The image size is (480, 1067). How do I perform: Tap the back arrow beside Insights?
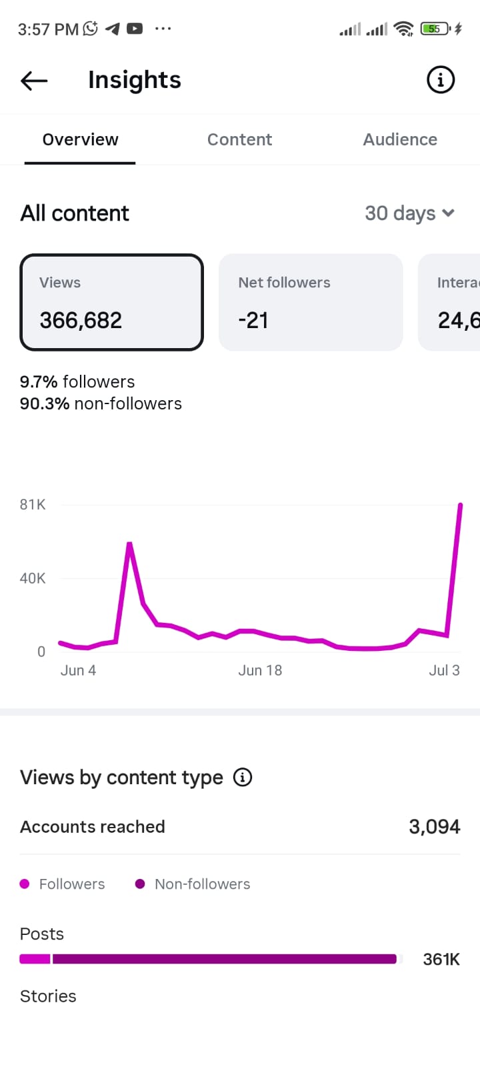coord(34,81)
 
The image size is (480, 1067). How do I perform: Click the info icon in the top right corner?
coord(440,79)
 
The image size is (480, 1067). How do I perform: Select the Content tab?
coord(239,139)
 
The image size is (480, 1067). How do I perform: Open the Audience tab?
coord(400,139)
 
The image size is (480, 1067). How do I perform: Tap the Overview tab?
coord(80,139)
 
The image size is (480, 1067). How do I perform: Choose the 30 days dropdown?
coord(409,213)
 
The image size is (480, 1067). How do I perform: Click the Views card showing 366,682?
coord(111,303)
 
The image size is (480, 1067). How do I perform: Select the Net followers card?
coord(311,303)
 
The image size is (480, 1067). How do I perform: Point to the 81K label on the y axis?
coord(33,504)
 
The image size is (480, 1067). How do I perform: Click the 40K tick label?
coord(33,578)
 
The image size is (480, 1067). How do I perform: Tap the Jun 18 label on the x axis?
coord(260,671)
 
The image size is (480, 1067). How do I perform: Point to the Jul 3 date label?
coord(444,671)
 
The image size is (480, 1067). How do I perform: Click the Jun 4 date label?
coord(78,671)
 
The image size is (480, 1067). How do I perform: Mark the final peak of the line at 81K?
coord(460,504)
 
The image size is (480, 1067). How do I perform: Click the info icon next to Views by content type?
coord(243,778)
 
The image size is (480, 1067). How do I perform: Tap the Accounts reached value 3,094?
coord(434,827)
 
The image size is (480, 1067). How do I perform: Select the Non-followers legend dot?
coord(140,884)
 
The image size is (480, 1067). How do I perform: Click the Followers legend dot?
coord(25,884)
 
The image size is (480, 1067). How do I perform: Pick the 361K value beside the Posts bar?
coord(441,960)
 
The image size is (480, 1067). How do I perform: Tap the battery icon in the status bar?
coord(435,29)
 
